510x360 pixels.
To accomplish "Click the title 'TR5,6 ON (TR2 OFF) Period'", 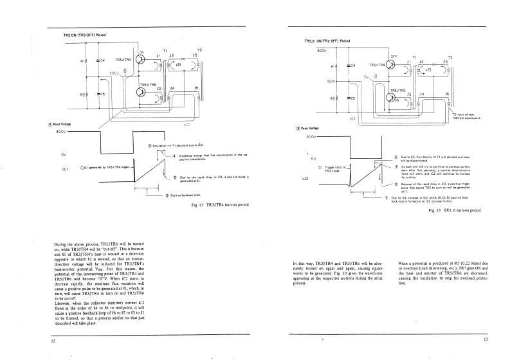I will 327,41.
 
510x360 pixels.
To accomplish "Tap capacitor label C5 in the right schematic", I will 351,98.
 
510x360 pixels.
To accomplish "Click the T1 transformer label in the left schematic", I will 165,50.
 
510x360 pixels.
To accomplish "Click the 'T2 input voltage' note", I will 467,115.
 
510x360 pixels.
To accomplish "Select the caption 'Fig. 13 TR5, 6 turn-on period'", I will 457,210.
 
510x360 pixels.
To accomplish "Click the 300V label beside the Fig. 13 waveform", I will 313,137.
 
